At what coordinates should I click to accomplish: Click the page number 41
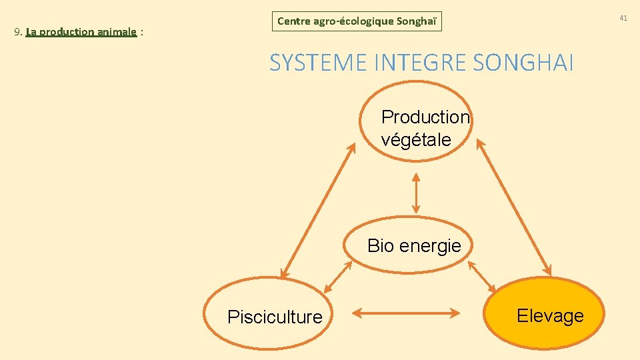[x=623, y=18]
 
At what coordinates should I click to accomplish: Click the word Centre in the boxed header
[x=293, y=21]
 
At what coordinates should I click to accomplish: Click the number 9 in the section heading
[x=17, y=32]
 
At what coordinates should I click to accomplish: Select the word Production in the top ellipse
[x=425, y=117]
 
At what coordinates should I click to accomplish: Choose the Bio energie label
[x=414, y=246]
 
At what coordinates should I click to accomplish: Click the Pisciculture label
[x=275, y=317]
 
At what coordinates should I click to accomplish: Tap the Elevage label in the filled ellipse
[x=550, y=316]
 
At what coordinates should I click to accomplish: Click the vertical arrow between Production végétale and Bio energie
[x=416, y=193]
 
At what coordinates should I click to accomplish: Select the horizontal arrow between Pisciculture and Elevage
[x=406, y=311]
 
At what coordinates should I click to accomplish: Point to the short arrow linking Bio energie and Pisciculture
[x=337, y=277]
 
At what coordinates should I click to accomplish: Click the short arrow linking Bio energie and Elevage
[x=482, y=277]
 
